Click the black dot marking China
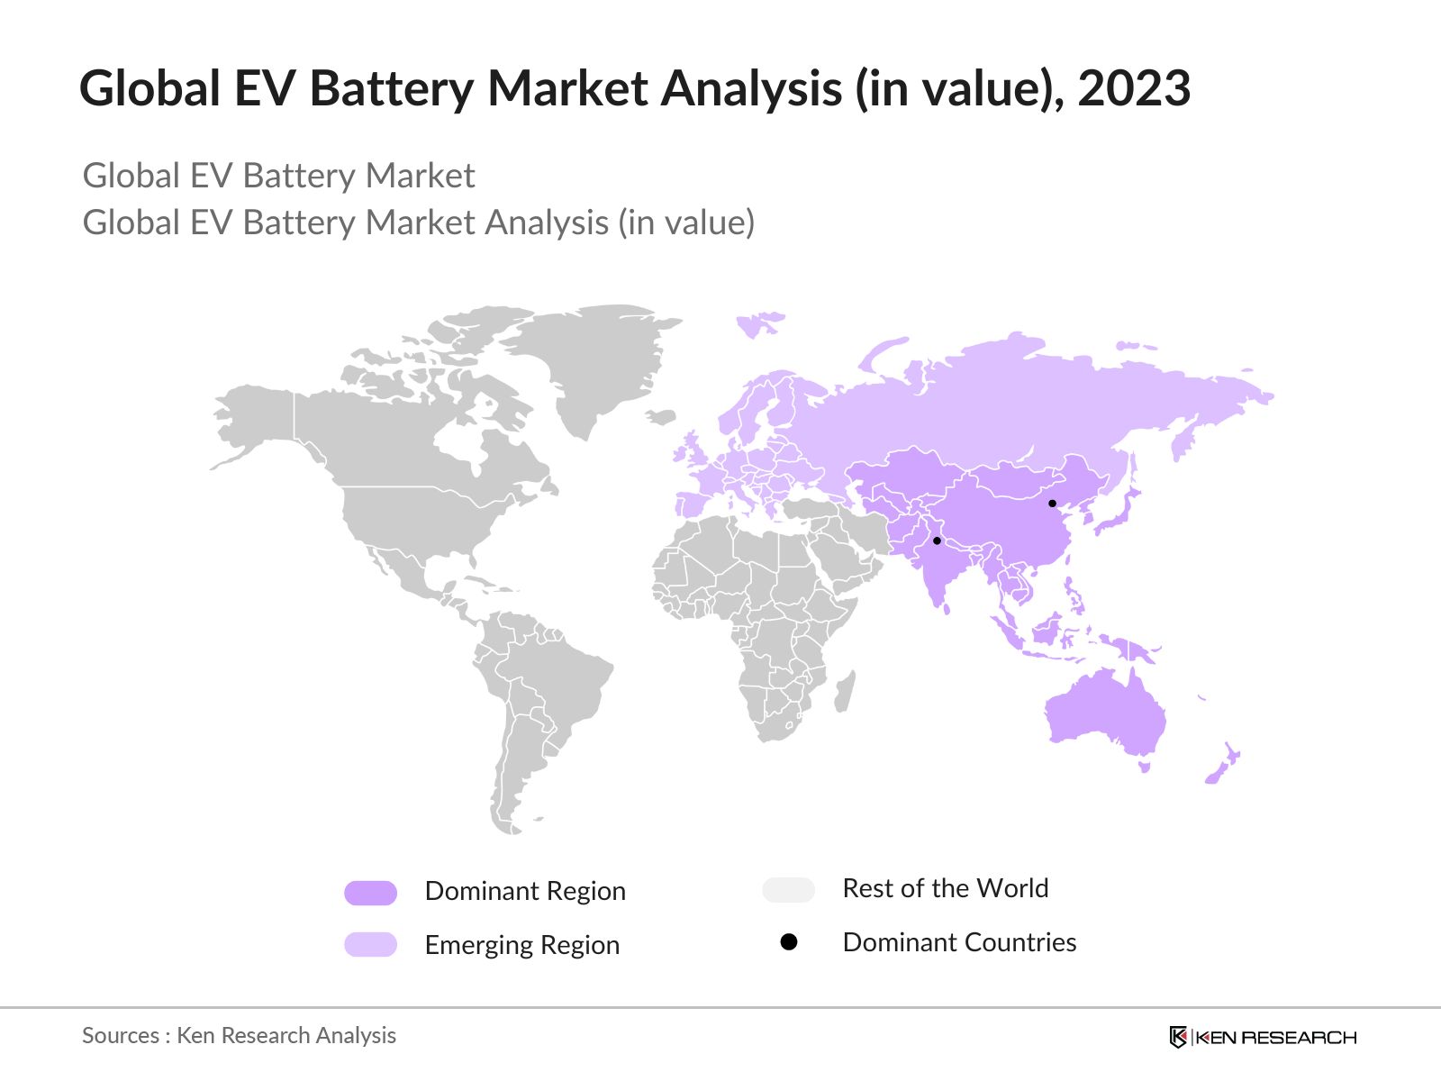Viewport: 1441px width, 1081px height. pyautogui.click(x=1052, y=504)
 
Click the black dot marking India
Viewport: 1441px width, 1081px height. pyautogui.click(x=937, y=541)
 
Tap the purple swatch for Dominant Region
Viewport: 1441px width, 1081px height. pyautogui.click(x=370, y=893)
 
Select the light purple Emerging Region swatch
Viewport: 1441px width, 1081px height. pyautogui.click(x=370, y=944)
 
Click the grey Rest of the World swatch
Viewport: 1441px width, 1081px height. pyautogui.click(x=788, y=890)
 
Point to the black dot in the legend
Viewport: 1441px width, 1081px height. pyautogui.click(x=789, y=942)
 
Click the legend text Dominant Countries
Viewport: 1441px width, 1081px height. pyautogui.click(x=959, y=942)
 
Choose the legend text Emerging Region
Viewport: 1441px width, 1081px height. pyautogui.click(x=521, y=945)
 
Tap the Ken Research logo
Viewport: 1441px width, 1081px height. pyautogui.click(x=1262, y=1037)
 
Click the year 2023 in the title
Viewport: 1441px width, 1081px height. pyautogui.click(x=1134, y=88)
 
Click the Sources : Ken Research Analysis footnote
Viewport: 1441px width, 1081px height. pyautogui.click(x=239, y=1036)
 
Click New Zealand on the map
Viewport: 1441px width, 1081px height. pyautogui.click(x=1224, y=764)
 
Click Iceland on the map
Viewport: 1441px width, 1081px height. pyautogui.click(x=662, y=417)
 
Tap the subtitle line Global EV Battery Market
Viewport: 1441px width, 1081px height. pyautogui.click(x=278, y=176)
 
